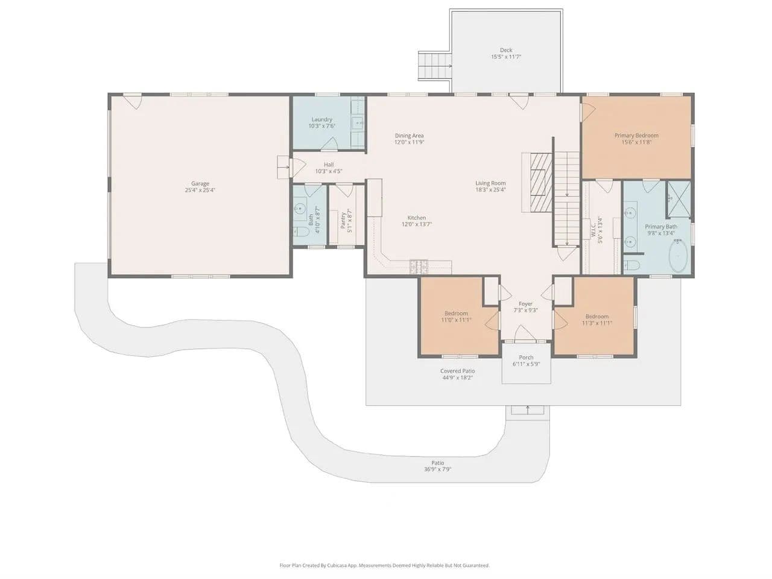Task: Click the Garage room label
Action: point(200,183)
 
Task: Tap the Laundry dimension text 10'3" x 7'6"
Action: point(321,126)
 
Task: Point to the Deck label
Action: point(506,50)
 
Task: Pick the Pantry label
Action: point(343,221)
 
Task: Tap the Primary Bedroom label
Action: point(636,135)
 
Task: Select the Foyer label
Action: point(525,304)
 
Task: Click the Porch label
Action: point(526,357)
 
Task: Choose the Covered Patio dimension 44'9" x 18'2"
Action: point(457,378)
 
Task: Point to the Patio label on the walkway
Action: point(437,463)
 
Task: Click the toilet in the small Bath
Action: point(301,232)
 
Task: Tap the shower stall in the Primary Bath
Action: point(679,199)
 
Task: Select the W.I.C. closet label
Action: point(593,230)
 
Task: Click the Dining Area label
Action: point(409,135)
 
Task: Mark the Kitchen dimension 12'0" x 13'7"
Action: point(416,224)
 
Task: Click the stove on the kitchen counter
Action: point(419,267)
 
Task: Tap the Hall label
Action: point(329,165)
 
